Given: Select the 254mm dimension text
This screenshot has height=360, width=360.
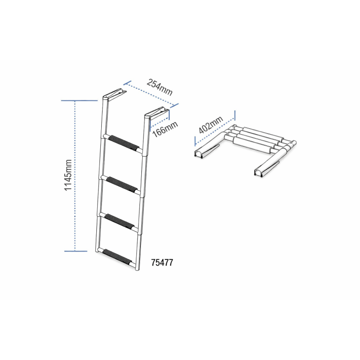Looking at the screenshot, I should click(x=160, y=86).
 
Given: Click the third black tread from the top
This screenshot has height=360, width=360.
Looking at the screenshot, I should click(x=119, y=220).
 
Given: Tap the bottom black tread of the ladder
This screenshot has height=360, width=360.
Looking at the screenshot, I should click(x=117, y=257).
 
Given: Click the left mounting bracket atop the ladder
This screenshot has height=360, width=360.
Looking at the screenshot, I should click(x=114, y=94).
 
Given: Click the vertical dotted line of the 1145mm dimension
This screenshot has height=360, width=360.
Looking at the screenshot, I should click(x=75, y=175).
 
